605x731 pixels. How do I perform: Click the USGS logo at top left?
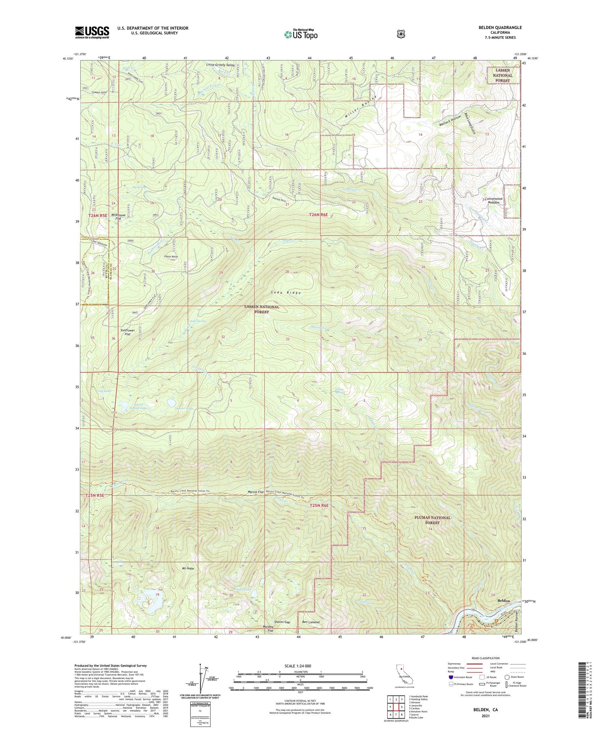92,32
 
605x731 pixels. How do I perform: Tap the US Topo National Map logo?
300,35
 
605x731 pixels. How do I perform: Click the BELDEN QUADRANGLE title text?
498,27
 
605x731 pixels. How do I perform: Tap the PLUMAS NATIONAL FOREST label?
432,520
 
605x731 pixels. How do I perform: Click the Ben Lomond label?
311,622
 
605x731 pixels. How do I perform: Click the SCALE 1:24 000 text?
300,666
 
